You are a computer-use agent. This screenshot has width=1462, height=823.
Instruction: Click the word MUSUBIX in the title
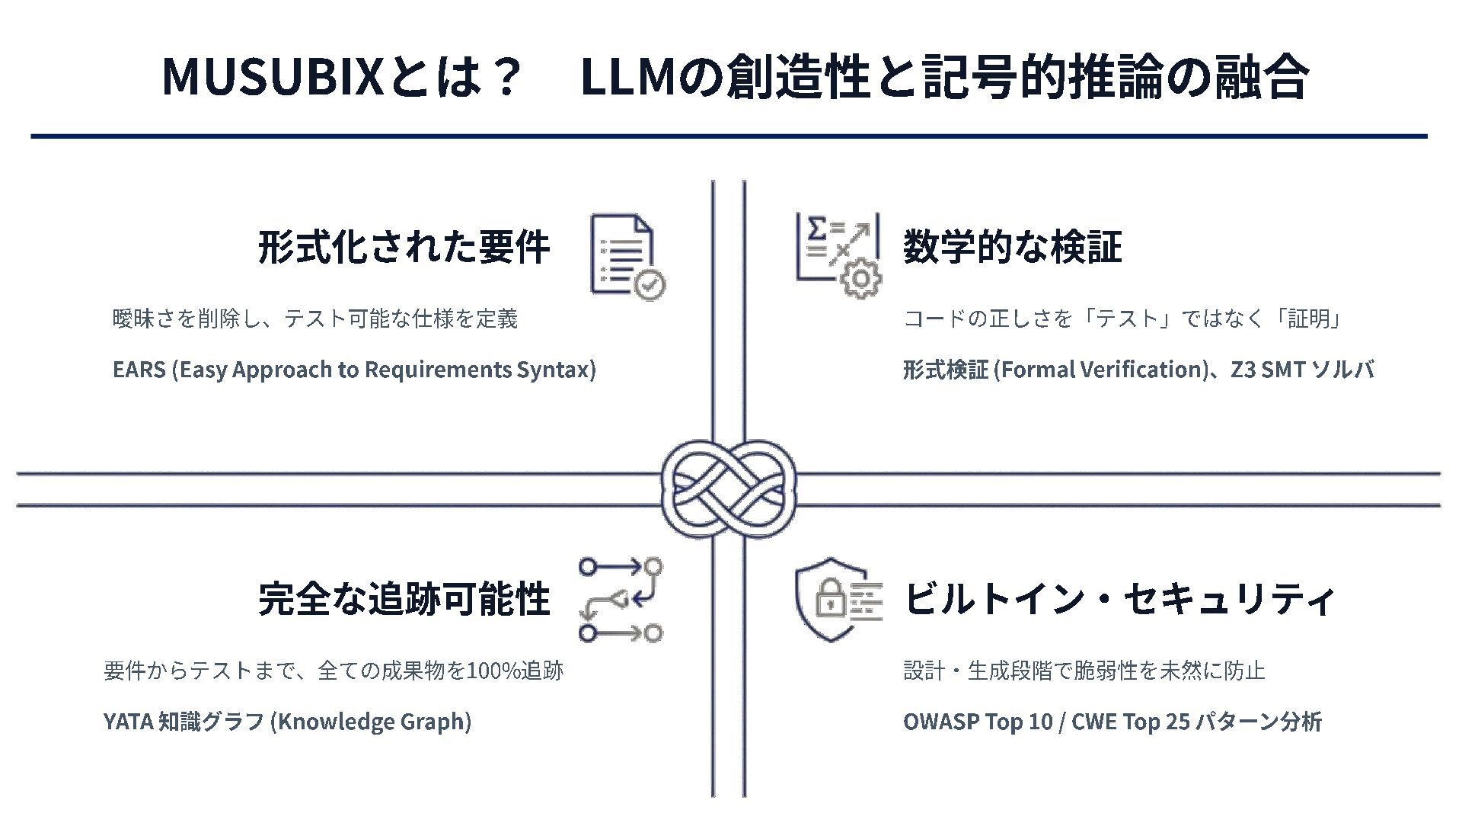click(273, 77)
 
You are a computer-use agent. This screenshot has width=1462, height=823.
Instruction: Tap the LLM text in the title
click(627, 77)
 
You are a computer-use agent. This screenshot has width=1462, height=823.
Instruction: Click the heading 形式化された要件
click(404, 247)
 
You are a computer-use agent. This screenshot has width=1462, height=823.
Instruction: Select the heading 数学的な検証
click(1012, 247)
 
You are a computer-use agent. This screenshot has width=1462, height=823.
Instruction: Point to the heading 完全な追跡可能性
click(404, 599)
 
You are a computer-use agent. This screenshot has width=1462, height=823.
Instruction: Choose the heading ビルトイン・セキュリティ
click(1118, 599)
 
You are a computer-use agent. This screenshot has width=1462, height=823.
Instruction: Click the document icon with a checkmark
click(627, 257)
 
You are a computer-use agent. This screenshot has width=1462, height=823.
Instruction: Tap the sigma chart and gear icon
click(838, 255)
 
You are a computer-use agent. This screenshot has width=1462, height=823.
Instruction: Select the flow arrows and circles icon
click(621, 600)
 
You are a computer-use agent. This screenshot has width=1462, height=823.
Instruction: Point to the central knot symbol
click(728, 489)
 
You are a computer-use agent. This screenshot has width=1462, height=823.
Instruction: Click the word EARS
click(139, 370)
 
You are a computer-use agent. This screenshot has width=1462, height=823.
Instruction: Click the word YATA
click(128, 722)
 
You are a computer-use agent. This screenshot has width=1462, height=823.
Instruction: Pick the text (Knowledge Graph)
click(371, 722)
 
